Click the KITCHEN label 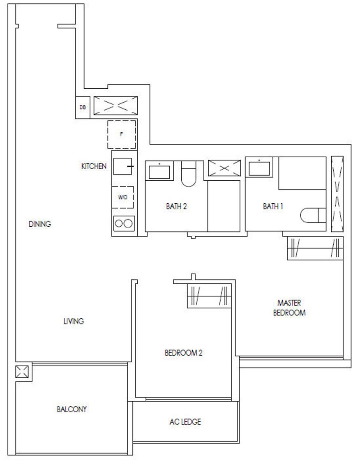pos(94,166)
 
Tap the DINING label pos(40,224)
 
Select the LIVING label pos(74,321)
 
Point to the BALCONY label pos(72,409)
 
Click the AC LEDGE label pos(185,422)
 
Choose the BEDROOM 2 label pos(184,353)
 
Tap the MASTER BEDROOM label pos(289,308)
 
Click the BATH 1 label pos(273,206)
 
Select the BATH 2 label pos(176,206)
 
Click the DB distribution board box pos(83,108)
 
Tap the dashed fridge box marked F pos(122,134)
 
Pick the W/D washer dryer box pos(123,198)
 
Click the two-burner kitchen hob pos(124,223)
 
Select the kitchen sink pos(122,166)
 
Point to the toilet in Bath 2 pos(188,174)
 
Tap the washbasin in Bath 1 pos(259,168)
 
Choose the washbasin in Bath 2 pos(159,171)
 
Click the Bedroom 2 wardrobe pos(209,296)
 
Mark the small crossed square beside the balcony pos(22,372)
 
